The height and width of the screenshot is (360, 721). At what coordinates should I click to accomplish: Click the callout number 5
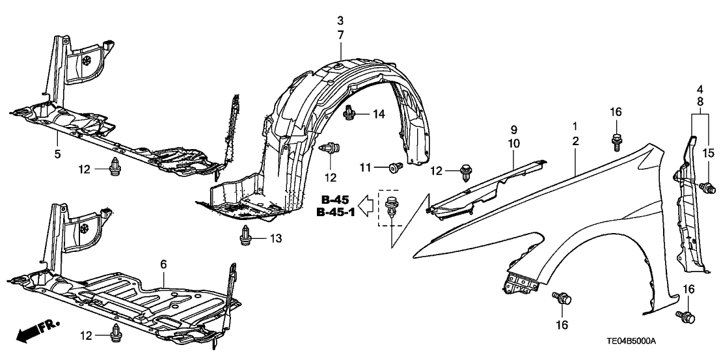57,154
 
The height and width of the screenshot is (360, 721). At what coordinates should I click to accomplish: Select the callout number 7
340,33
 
